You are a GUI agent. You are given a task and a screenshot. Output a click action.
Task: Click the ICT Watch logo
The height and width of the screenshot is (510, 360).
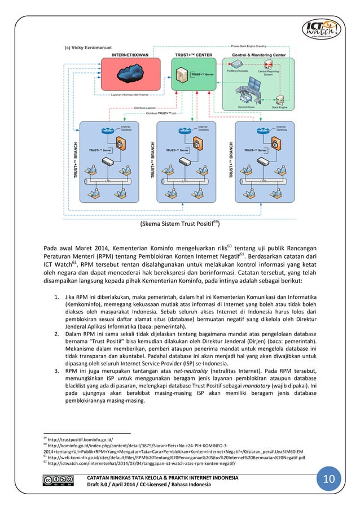322,30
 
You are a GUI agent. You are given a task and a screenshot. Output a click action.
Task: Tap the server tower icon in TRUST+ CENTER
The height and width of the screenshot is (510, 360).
182,73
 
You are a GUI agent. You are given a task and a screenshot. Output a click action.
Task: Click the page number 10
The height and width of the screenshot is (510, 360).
328,480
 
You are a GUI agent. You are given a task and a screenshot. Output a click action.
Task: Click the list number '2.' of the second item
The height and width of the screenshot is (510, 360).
57,334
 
